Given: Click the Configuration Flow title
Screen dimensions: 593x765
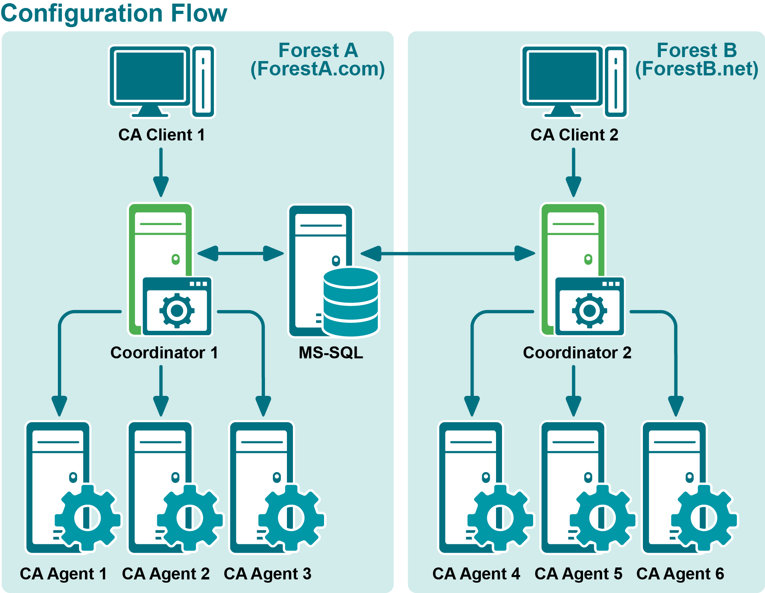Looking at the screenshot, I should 114,13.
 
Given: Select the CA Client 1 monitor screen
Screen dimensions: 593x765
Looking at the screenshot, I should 150,76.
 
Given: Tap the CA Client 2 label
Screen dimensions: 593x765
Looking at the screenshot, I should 574,135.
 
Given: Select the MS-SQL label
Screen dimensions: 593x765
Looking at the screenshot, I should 331,353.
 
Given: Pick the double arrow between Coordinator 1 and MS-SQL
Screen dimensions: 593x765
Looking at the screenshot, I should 240,253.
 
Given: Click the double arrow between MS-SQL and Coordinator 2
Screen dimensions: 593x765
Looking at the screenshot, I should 447,253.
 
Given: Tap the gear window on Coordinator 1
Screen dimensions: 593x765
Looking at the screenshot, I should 177,306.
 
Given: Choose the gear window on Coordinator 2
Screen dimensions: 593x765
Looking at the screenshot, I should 590,306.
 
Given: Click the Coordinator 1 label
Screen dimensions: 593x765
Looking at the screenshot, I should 164,353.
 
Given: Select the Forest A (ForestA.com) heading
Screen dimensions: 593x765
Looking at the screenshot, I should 318,60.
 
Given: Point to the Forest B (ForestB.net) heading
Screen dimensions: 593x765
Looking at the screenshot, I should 696,60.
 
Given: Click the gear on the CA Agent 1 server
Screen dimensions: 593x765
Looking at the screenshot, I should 88,518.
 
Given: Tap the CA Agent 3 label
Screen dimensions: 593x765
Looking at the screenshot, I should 267,574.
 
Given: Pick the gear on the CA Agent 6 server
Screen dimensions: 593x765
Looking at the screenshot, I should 704,518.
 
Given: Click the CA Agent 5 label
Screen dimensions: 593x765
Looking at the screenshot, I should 578,574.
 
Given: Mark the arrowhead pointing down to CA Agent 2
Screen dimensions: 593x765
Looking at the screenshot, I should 161,406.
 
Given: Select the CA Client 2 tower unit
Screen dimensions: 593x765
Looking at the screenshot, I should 616,82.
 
